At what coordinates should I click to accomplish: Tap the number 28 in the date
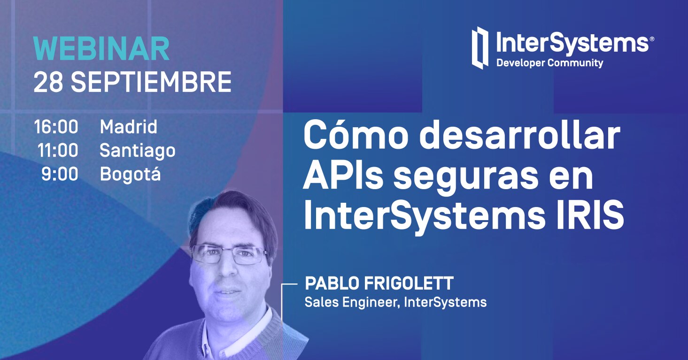click(48, 83)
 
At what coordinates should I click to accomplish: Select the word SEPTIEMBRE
click(151, 83)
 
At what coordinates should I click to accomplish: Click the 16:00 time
click(56, 127)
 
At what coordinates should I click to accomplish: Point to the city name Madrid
click(129, 127)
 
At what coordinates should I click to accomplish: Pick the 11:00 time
click(58, 151)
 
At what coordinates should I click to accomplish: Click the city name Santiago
click(138, 151)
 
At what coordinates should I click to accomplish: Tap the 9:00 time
click(60, 175)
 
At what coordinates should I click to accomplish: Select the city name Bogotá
click(131, 175)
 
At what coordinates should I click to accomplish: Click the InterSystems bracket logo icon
click(480, 47)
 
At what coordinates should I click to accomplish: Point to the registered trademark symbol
click(651, 39)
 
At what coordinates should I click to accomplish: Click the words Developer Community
click(549, 63)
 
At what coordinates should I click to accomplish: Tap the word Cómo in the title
click(352, 136)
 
